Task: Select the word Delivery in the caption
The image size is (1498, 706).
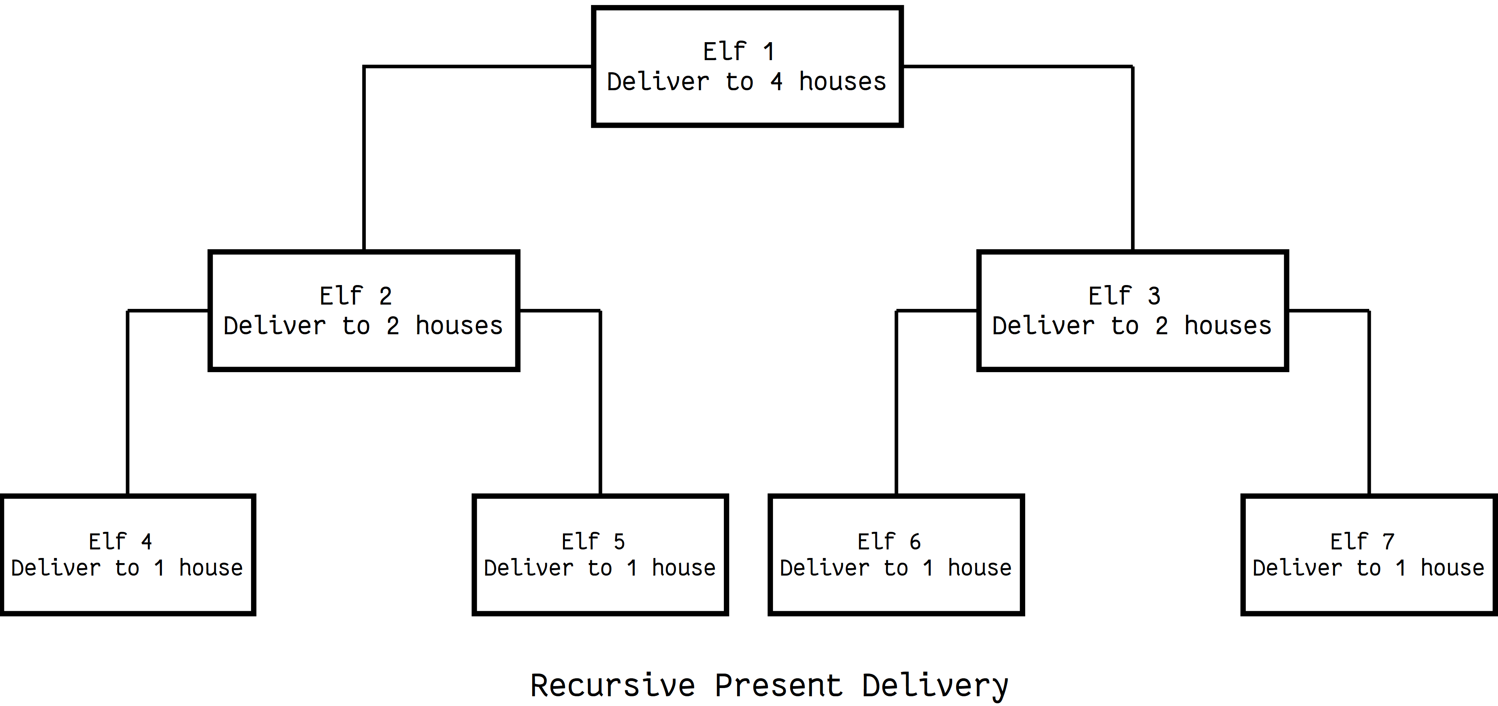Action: click(935, 686)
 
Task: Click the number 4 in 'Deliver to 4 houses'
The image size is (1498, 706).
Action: click(777, 82)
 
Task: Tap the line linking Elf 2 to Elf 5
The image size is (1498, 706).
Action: click(600, 401)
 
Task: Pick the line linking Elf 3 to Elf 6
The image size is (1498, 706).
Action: click(897, 401)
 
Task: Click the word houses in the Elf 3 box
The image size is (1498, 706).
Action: click(1227, 326)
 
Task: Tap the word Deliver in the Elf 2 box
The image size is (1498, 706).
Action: click(274, 326)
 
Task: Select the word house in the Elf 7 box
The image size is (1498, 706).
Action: click(1452, 568)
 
